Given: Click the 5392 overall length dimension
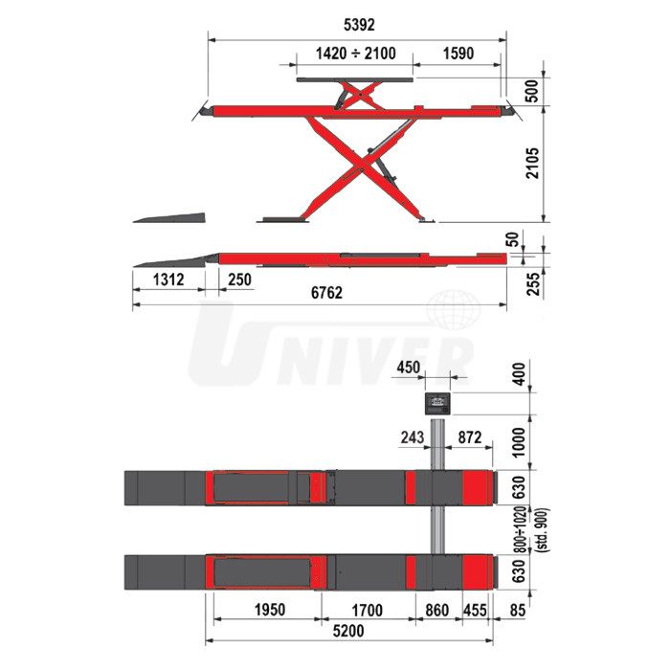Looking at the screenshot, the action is click(359, 25).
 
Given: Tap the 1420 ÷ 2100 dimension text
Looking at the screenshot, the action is click(355, 54).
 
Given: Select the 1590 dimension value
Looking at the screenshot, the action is click(458, 54).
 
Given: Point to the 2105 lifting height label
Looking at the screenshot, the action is click(532, 164).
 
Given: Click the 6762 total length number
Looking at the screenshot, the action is click(326, 293).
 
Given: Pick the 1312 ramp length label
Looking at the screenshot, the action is click(168, 279).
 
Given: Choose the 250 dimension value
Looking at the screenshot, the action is click(239, 279).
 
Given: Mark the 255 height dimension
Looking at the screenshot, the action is click(533, 284).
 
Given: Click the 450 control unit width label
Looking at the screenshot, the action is click(408, 367).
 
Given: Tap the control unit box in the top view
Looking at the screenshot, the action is click(437, 404).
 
